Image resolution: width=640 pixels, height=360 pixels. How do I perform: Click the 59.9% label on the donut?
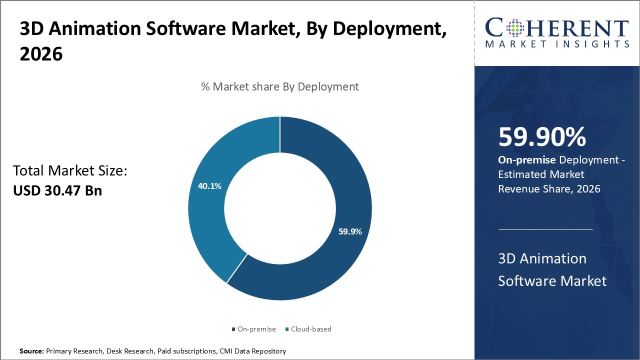349,232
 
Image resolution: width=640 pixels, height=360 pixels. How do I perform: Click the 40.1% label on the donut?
210,186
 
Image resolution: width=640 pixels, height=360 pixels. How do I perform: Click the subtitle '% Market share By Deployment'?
279,86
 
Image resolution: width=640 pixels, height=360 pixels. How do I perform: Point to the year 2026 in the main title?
41,54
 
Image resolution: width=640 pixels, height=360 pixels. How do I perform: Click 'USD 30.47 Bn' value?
57,190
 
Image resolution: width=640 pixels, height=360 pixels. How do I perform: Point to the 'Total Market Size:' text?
70,171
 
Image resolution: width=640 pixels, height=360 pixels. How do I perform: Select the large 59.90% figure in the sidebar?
542,137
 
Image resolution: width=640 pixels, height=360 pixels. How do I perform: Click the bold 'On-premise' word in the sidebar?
526,160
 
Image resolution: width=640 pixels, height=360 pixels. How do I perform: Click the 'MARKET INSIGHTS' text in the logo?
556,44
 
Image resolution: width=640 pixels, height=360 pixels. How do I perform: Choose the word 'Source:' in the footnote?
31,351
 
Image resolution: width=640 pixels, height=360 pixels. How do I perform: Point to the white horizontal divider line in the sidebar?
545,230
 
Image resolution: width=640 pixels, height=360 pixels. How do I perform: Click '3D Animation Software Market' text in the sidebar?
552,269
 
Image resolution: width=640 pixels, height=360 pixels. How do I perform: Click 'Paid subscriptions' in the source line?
187,351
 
